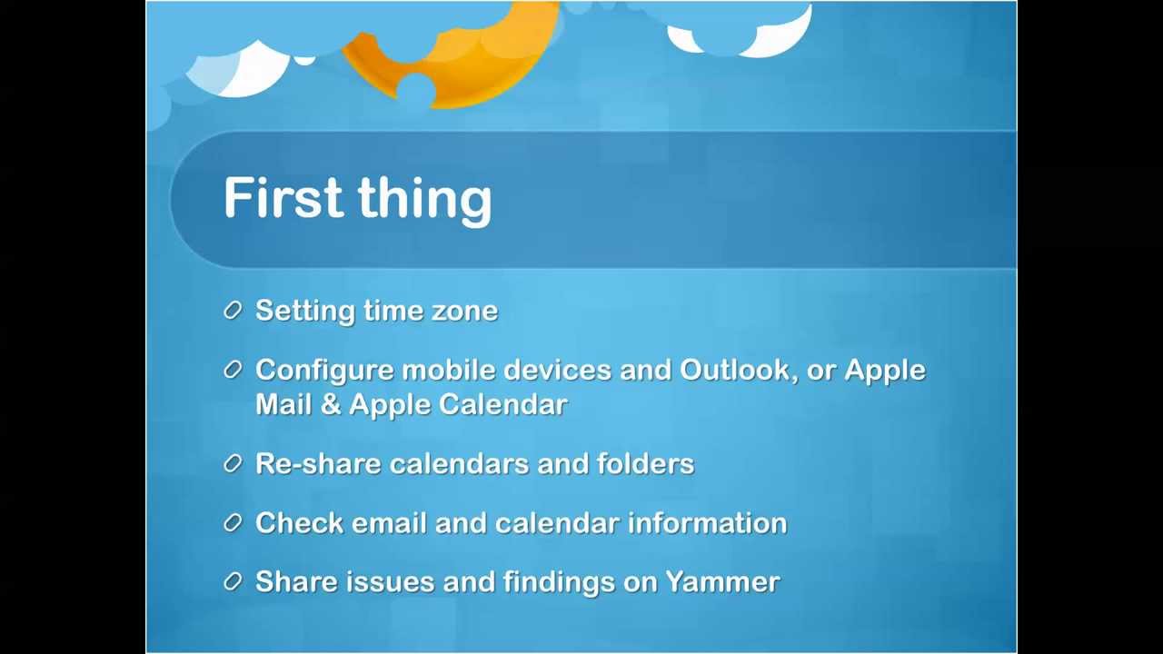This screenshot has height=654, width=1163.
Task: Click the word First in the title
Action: [x=283, y=197]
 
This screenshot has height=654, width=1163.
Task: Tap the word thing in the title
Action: [x=424, y=201]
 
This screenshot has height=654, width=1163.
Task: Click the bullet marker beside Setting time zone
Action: [x=234, y=311]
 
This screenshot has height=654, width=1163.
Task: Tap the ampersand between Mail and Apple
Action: [x=330, y=405]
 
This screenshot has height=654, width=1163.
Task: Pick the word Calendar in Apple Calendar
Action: [x=502, y=405]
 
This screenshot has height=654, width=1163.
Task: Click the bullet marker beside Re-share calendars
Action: [x=234, y=463]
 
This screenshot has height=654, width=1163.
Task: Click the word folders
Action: [x=645, y=463]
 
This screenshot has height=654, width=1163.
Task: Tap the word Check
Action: [x=299, y=522]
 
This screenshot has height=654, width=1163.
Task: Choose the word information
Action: [x=708, y=522]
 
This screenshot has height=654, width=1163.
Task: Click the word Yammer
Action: [x=722, y=582]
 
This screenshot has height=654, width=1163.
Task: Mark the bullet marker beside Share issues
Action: [x=234, y=581]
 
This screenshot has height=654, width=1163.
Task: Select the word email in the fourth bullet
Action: [x=389, y=522]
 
